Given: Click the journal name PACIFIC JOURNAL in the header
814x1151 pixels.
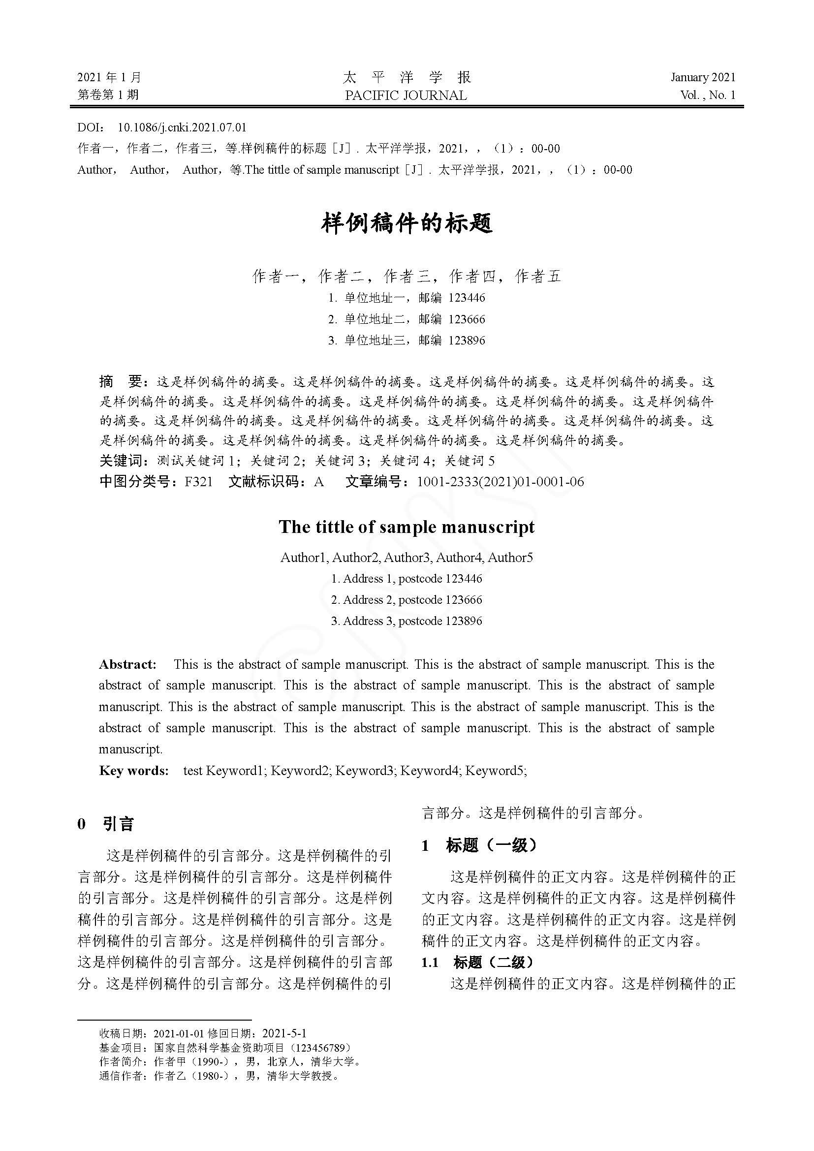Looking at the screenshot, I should (x=406, y=95).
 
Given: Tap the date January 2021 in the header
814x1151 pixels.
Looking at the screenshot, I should (x=703, y=77).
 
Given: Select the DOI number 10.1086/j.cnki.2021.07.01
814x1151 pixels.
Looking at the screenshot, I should (x=182, y=127).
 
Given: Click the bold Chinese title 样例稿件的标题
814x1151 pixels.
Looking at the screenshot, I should (x=407, y=223).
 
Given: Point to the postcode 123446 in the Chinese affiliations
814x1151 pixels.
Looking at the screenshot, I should (x=467, y=298).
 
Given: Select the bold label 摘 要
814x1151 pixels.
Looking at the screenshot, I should (x=122, y=382).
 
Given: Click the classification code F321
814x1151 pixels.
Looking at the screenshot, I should (x=198, y=482).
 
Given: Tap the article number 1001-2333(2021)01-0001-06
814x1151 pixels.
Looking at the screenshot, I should (x=500, y=482).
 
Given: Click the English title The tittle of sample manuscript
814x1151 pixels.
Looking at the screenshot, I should (x=407, y=527).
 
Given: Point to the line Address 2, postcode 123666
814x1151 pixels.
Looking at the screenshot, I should (x=407, y=599).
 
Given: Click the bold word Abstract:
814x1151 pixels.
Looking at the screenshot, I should (x=128, y=664).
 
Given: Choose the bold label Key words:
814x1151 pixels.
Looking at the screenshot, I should (x=134, y=771).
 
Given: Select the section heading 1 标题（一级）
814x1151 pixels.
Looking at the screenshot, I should (x=480, y=846).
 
